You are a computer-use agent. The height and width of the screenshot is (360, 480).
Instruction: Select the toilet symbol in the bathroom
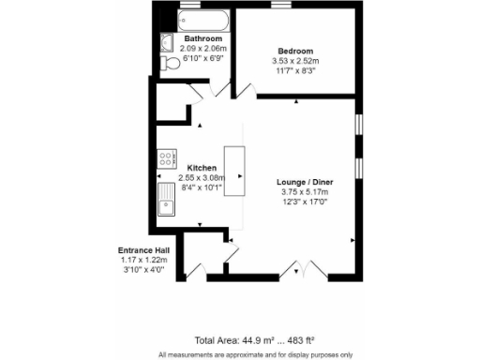click(x=170, y=63)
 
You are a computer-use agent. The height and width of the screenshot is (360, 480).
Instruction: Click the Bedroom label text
click(x=294, y=51)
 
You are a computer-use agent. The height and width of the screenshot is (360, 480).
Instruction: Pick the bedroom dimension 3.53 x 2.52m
click(x=294, y=61)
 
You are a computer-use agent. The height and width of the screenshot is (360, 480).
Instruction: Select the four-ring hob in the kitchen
click(x=168, y=158)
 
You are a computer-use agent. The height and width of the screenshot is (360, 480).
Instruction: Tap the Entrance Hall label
click(x=143, y=250)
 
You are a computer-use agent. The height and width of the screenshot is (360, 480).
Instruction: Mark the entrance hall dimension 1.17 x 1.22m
click(x=143, y=261)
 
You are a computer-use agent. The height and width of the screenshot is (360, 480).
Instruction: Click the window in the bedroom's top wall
click(x=280, y=6)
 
